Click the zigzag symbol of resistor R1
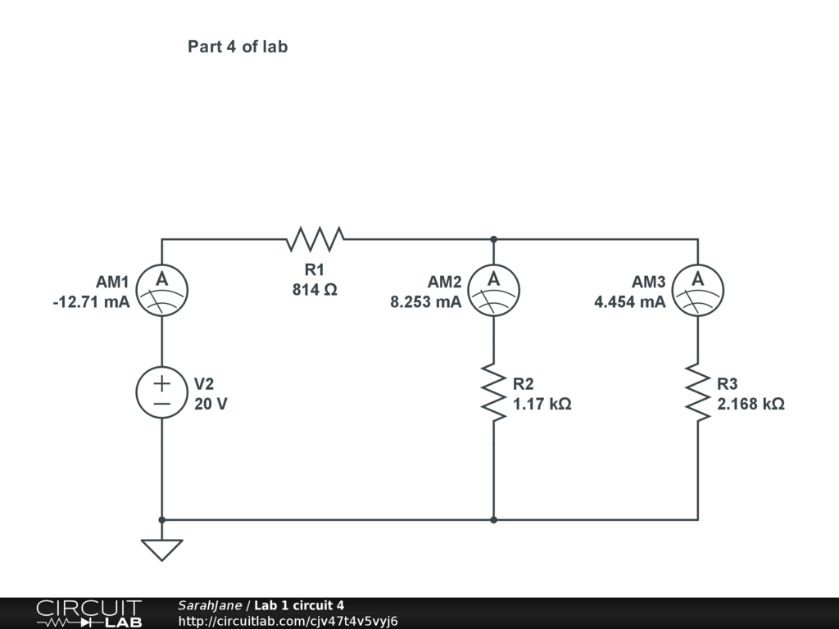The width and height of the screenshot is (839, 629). point(315,239)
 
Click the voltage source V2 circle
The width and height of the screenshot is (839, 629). point(161,392)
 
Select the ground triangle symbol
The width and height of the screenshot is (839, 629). point(161,550)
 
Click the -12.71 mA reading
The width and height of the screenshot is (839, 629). point(91,302)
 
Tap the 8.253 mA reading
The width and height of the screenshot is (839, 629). point(425,302)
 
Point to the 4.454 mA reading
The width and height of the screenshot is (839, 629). point(629,302)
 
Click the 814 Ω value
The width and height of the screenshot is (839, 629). point(315,289)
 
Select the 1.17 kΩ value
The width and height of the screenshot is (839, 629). point(542,404)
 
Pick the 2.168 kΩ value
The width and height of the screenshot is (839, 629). point(751,404)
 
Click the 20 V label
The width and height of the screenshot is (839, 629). point(211,404)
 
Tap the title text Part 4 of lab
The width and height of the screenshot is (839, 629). point(238,47)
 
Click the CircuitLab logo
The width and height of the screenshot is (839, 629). point(88,613)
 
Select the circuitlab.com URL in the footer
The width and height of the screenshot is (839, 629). point(288,621)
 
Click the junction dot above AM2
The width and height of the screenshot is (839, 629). point(493,239)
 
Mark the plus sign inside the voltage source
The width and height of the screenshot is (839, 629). point(161,382)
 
